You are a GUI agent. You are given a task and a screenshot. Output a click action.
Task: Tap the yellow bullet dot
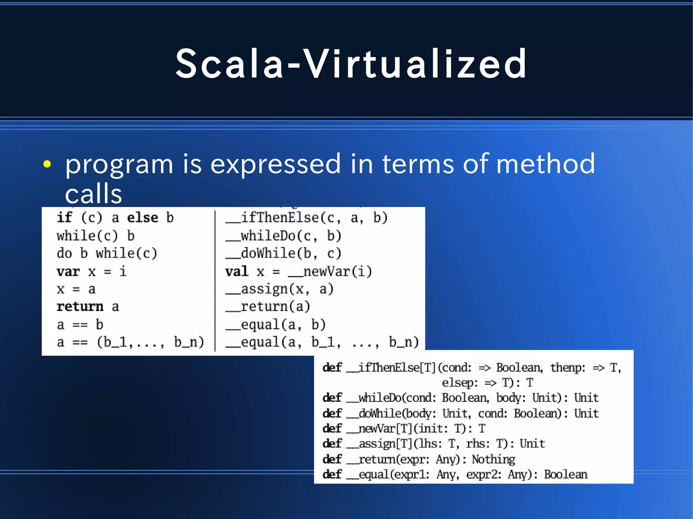tap(47, 164)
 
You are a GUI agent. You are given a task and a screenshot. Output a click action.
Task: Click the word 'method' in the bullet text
tap(545, 164)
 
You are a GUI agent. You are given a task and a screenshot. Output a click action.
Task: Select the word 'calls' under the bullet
tap(93, 194)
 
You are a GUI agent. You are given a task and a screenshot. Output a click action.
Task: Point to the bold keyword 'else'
tap(142, 218)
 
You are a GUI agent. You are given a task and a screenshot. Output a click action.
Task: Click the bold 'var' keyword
tap(68, 272)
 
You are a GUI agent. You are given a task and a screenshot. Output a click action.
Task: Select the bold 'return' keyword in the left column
tap(80, 307)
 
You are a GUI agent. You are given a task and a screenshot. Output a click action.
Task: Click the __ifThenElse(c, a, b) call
tap(307, 218)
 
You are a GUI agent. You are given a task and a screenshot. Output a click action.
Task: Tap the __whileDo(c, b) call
tap(284, 236)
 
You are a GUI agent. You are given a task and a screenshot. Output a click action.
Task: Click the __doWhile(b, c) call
tap(284, 254)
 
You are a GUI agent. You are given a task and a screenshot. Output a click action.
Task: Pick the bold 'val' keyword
tap(237, 272)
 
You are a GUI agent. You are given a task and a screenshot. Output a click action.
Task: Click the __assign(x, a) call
tap(280, 289)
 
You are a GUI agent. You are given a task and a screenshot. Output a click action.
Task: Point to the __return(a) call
tap(268, 307)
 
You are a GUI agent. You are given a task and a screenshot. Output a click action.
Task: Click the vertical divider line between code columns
tap(215, 281)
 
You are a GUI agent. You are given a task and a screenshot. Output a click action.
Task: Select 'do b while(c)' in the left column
tap(107, 254)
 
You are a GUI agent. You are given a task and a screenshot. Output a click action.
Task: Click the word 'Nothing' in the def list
tap(493, 459)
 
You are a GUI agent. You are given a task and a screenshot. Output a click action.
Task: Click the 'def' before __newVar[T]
tap(332, 428)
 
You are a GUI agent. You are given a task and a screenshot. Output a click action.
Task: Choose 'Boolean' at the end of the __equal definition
tap(565, 474)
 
